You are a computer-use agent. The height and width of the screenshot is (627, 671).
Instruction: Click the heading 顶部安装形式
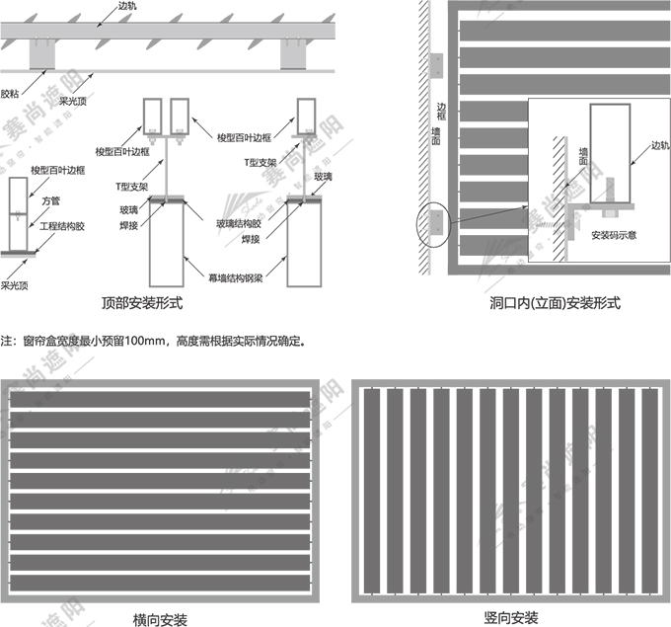pyautogui.click(x=139, y=303)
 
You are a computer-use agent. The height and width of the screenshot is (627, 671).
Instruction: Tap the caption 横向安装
pyautogui.click(x=160, y=619)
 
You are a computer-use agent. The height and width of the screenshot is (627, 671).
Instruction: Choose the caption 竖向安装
pyautogui.click(x=511, y=617)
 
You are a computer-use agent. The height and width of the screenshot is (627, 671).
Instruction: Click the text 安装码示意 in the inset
pyautogui.click(x=613, y=235)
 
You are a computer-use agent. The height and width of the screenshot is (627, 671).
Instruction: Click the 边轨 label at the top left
pyautogui.click(x=127, y=6)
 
